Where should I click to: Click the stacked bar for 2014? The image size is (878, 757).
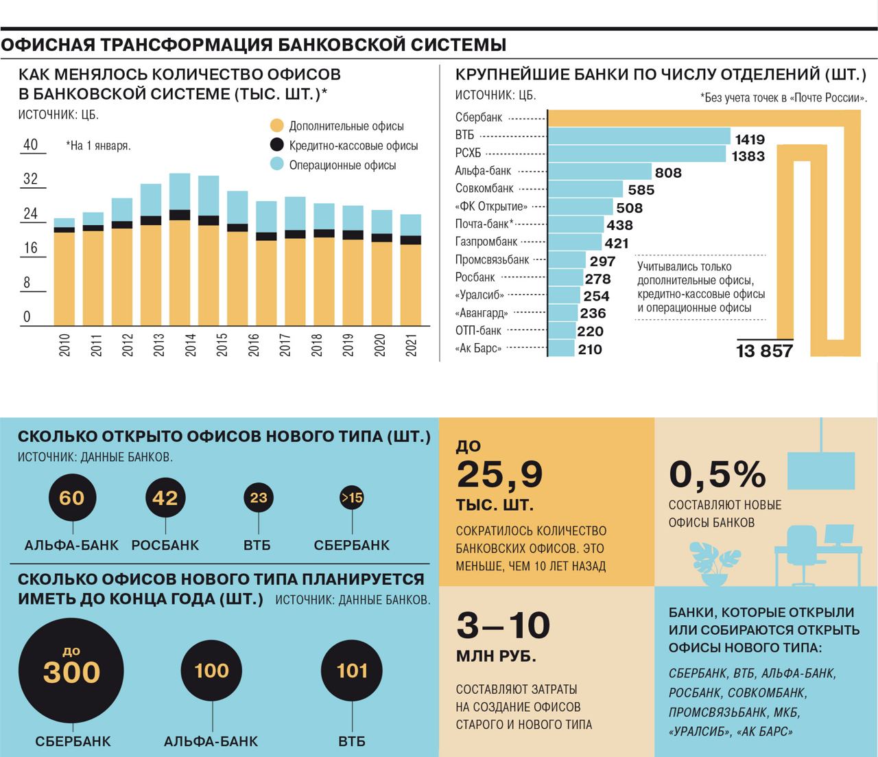(179, 250)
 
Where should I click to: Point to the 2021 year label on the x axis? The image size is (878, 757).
(412, 345)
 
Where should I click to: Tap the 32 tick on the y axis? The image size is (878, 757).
(31, 179)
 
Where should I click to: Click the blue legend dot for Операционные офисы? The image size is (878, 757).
(276, 165)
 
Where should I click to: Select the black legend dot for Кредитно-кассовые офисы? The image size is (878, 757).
(276, 145)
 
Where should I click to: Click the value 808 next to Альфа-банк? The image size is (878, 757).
(668, 172)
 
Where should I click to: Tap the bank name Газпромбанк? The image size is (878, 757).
(486, 242)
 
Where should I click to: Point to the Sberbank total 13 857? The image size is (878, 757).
(764, 351)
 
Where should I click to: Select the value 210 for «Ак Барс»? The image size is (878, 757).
(590, 349)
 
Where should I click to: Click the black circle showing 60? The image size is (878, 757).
(72, 498)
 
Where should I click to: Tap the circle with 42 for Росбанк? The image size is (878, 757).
(165, 498)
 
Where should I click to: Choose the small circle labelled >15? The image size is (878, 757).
(352, 498)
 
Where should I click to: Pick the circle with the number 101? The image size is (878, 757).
(352, 671)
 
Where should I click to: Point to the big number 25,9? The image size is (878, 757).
(499, 474)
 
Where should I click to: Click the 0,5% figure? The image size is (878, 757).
(717, 474)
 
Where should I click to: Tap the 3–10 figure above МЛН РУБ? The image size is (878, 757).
(503, 626)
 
